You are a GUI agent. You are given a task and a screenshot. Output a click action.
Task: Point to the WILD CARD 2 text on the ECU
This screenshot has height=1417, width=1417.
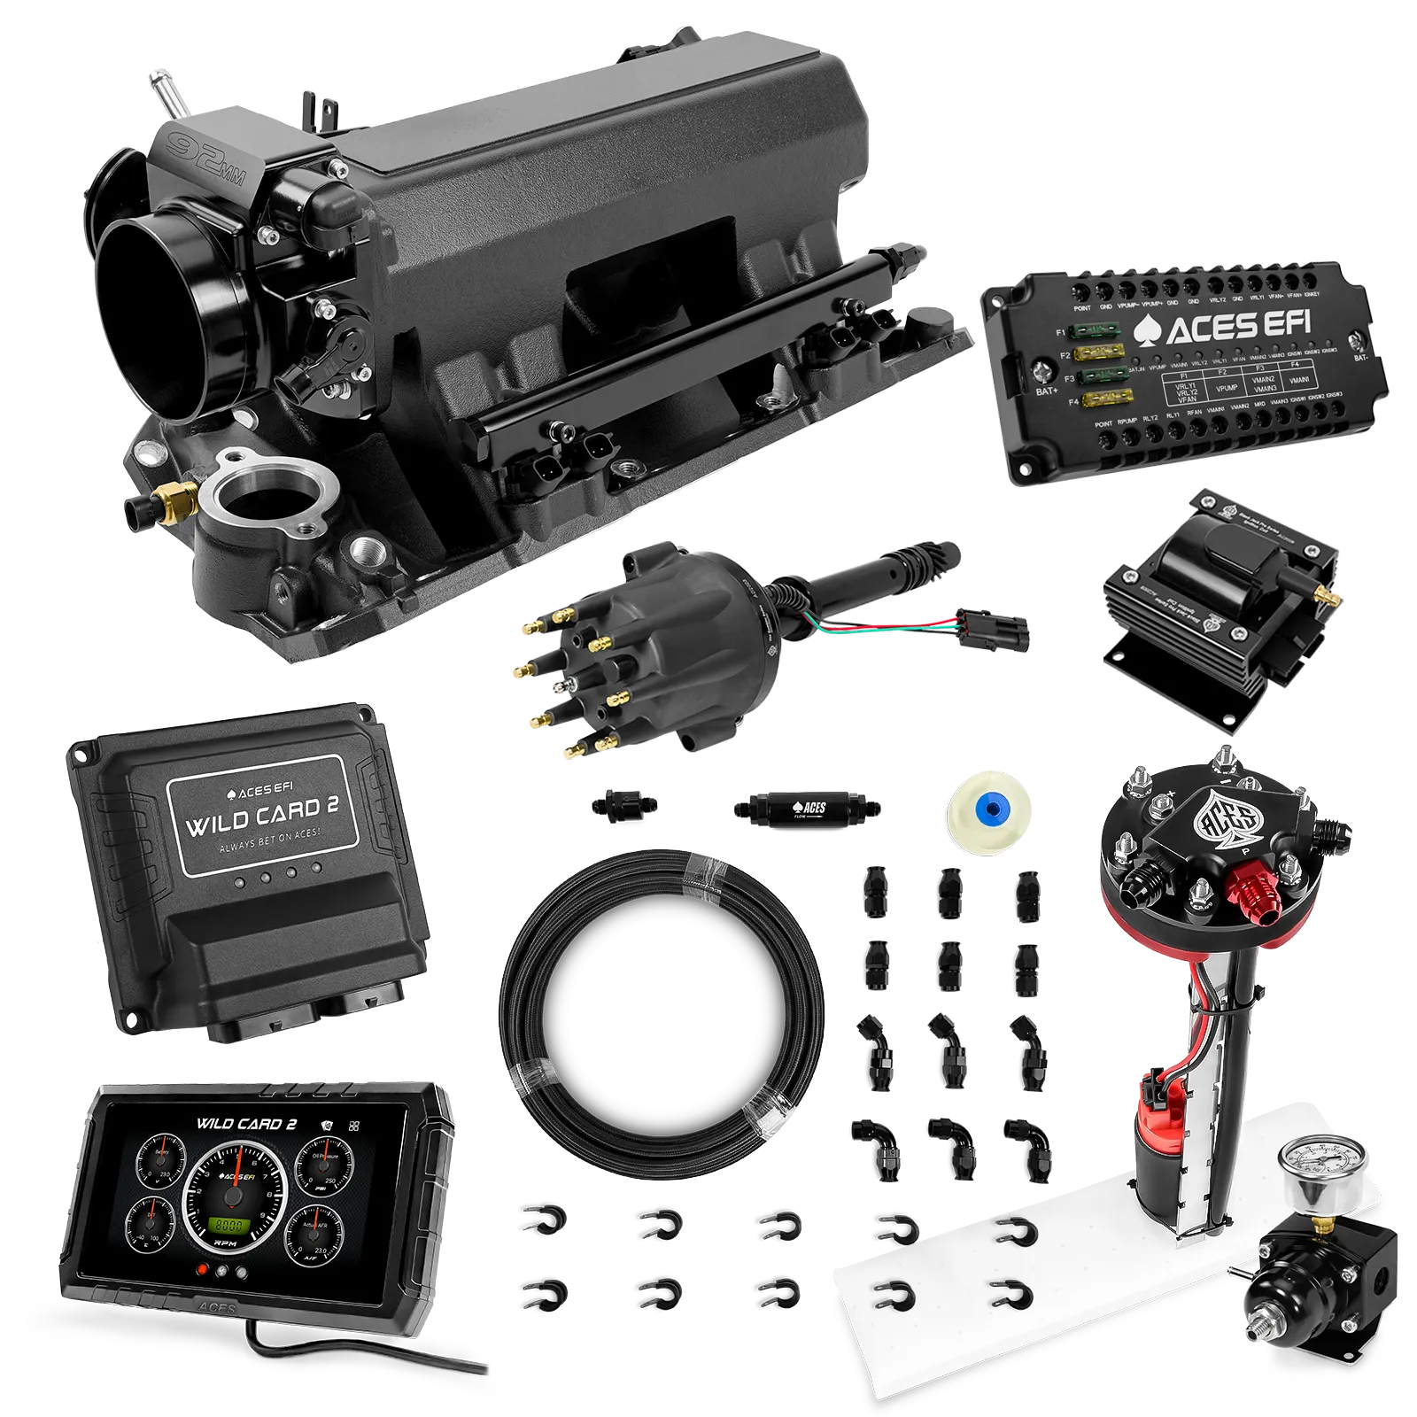click(261, 815)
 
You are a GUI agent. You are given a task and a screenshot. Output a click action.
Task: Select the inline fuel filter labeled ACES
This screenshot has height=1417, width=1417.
click(806, 808)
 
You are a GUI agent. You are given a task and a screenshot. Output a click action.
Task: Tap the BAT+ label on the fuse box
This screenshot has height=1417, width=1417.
click(1047, 391)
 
